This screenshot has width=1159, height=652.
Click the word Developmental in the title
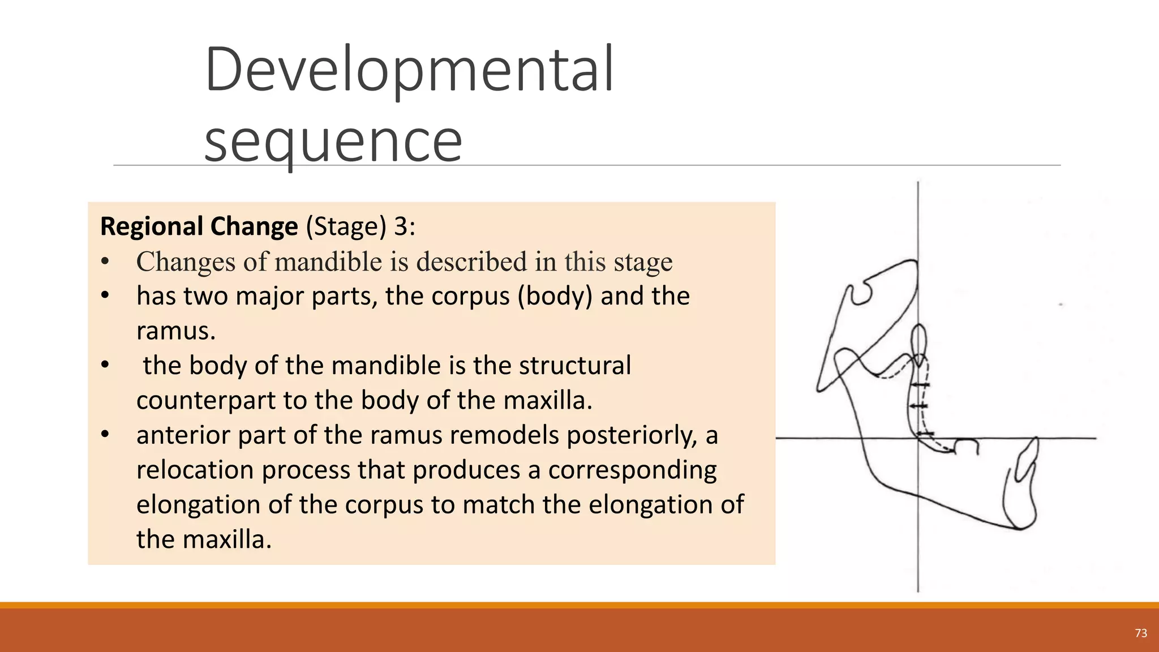pos(409,70)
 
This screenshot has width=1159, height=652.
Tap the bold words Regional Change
pos(199,226)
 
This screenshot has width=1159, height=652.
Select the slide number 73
pos(1141,633)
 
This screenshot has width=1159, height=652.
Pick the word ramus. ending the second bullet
pos(176,331)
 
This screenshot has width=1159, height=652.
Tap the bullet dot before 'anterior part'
pos(105,435)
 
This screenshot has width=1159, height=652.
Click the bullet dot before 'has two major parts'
pos(105,295)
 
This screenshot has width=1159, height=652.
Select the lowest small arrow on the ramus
pos(925,434)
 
